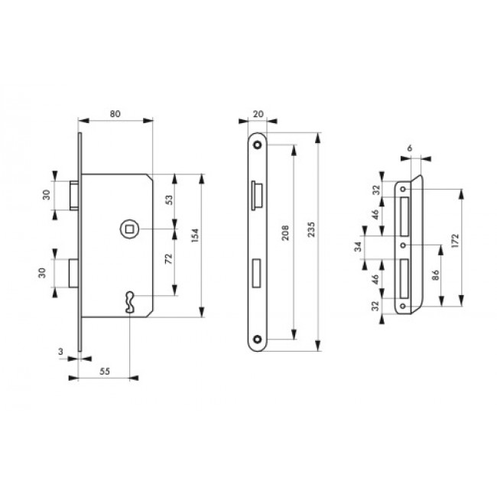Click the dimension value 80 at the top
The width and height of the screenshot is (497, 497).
coord(115,114)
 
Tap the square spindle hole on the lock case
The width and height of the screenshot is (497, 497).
coord(128,228)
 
